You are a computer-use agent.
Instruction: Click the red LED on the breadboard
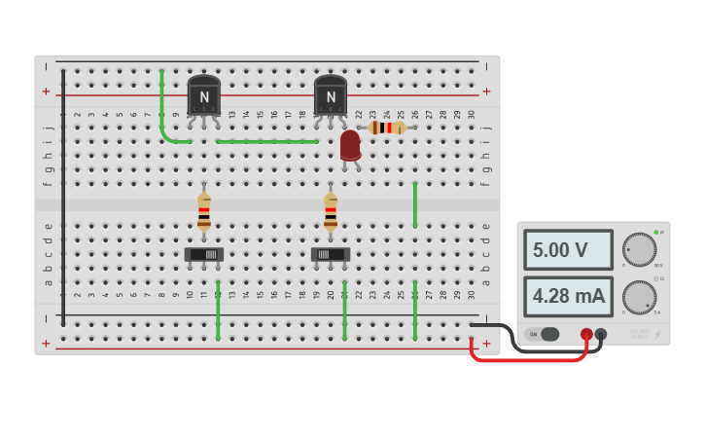(350, 145)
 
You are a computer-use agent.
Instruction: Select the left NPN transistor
(204, 95)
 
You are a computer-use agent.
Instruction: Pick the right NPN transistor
(331, 95)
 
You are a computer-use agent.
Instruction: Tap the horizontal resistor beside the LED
(387, 128)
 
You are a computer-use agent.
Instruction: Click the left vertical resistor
(204, 211)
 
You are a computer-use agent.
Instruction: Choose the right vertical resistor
(331, 211)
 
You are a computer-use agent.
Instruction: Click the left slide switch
(204, 254)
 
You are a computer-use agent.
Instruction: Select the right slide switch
(331, 254)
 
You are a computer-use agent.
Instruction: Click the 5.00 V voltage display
(568, 250)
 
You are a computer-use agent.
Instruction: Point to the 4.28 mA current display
(568, 296)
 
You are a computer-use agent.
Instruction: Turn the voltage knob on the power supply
(639, 249)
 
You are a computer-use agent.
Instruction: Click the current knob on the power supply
(639, 297)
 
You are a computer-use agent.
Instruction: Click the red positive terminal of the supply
(586, 334)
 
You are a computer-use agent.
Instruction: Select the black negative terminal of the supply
(601, 334)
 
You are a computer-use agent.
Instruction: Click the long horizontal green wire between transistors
(267, 141)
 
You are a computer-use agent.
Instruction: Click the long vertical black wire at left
(63, 195)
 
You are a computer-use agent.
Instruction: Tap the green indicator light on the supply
(657, 232)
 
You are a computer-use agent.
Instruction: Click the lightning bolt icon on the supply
(657, 334)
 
